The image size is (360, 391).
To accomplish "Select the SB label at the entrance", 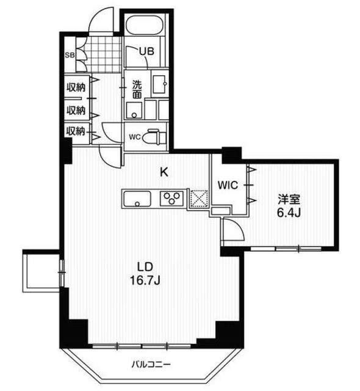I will coord(70,54).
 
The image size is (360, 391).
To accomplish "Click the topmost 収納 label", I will coord(75,87).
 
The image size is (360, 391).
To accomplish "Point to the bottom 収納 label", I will coord(75,131).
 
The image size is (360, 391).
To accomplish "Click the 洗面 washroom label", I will coord(137,89).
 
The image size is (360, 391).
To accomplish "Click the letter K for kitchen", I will coord(164,172).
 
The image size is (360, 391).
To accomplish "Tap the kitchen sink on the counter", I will coord(137,199).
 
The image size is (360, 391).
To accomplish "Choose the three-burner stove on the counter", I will coord(172,199).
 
